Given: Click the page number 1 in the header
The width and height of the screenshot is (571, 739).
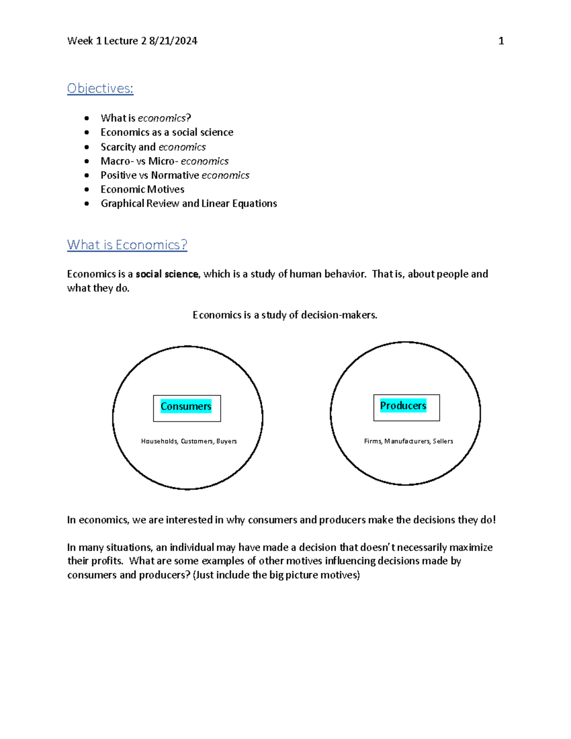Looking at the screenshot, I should point(501,41).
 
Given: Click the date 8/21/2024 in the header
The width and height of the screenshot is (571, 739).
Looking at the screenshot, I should point(173,41).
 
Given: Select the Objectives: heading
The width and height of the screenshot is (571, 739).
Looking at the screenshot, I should point(100,89).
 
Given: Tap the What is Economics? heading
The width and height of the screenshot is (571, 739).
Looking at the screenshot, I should point(127,245).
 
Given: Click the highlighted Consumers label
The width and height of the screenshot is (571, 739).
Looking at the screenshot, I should point(186,406).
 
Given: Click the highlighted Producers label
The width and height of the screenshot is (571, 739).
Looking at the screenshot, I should point(403,406).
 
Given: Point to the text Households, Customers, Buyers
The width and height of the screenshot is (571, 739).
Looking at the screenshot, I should point(189,441).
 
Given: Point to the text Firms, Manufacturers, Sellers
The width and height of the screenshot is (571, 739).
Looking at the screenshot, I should point(408,441).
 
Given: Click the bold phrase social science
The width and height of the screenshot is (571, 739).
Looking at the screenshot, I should point(167,274).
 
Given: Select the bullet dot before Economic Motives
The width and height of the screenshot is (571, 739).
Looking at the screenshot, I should point(87,189).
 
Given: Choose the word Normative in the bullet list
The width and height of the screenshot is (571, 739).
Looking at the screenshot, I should point(175,176).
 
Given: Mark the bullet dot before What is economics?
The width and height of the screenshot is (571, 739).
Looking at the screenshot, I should point(87,118).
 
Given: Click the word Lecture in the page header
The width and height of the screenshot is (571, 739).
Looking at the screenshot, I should point(121,41).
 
